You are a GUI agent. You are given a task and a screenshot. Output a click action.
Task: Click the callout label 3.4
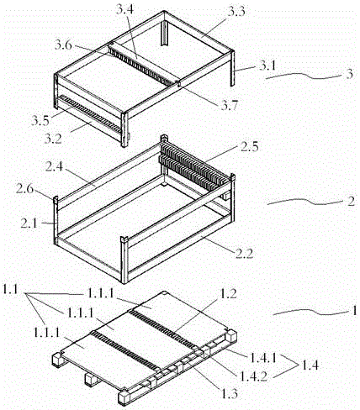[125, 11]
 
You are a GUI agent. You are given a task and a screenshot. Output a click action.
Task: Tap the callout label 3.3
[236, 12]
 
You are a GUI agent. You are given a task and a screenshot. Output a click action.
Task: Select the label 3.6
[63, 45]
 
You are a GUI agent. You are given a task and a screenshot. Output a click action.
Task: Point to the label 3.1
[267, 66]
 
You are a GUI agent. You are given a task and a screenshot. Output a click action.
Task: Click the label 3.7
[229, 106]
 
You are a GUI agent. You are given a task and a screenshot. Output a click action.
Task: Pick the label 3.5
[40, 120]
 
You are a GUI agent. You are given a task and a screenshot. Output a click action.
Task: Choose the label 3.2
[53, 138]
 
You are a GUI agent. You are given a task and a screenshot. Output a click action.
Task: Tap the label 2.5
[249, 147]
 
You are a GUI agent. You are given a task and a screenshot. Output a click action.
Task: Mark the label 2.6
[24, 189]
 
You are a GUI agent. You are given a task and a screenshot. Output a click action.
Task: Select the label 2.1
[29, 223]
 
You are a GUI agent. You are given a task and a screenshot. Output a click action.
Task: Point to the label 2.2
[244, 254]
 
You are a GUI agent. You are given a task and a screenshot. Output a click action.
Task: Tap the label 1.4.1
[262, 357]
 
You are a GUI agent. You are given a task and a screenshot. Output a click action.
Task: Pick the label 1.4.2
[253, 376]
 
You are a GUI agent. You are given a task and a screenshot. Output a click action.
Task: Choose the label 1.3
[230, 393]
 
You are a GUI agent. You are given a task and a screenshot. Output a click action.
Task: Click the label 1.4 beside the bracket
[310, 365]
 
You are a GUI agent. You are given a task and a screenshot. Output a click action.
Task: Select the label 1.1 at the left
[10, 289]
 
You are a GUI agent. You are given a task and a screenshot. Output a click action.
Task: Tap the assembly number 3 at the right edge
[350, 74]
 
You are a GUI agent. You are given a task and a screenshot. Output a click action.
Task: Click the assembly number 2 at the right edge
[351, 202]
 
